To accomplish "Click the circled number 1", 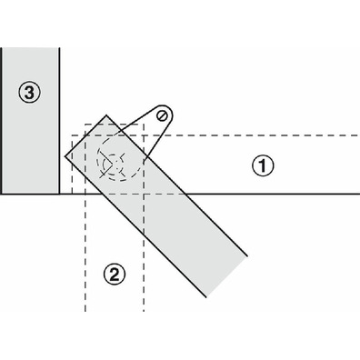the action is click(263, 165).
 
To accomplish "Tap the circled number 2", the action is click(115, 274).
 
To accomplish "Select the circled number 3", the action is click(29, 93).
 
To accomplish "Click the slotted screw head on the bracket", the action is click(163, 115).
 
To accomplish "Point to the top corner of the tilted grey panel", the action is click(106, 115).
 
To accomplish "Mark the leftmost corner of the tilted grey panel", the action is click(65, 156).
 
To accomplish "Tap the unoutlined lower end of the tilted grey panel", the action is click(226, 276).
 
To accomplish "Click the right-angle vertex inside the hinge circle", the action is click(116, 164).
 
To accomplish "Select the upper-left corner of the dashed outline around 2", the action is click(85, 125).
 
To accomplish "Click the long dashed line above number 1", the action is click(215, 135).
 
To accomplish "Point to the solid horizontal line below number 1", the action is click(273, 194).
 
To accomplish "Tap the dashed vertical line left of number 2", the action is click(85, 217).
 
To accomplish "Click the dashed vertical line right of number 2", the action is click(144, 217).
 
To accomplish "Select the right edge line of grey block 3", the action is click(59, 121).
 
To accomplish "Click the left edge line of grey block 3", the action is click(2, 121).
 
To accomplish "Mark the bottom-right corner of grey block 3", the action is click(59, 194).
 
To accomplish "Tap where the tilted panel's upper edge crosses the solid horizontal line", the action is click(185, 194).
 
